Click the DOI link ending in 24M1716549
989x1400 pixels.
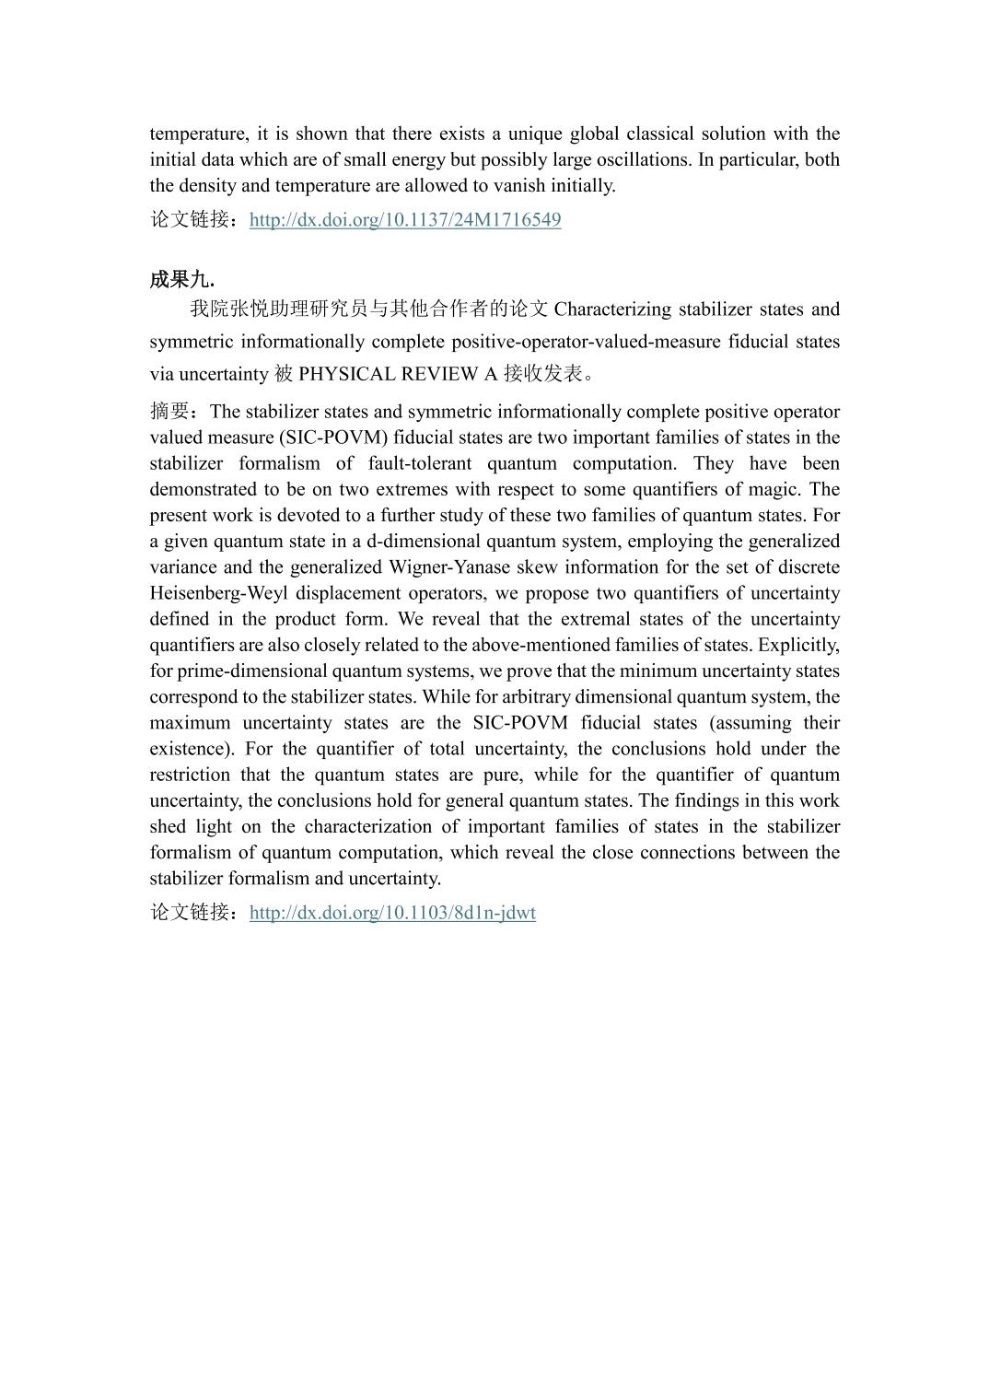(x=405, y=220)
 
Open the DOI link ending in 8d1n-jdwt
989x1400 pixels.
(x=392, y=913)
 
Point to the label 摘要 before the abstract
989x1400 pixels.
(x=170, y=411)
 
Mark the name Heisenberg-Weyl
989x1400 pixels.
(x=217, y=592)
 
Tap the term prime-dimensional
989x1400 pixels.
(x=244, y=671)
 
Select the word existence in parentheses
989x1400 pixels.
(x=190, y=749)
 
